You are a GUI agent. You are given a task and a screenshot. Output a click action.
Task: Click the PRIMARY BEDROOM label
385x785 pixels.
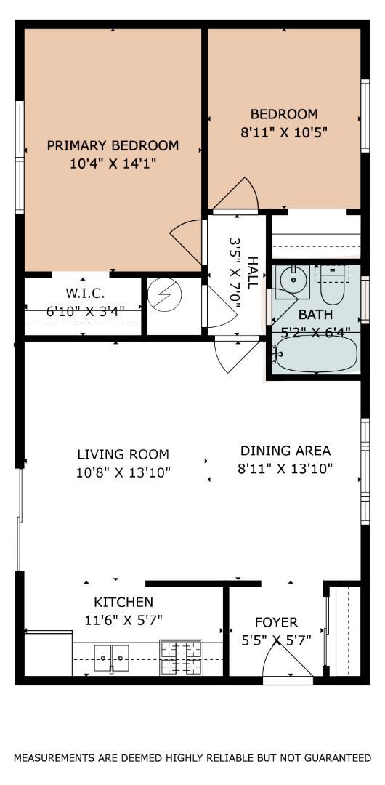(x=113, y=145)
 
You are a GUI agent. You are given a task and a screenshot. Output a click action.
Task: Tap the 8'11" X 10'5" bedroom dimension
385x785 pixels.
(x=284, y=133)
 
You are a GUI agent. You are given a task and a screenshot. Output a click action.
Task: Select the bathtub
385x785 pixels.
(x=315, y=353)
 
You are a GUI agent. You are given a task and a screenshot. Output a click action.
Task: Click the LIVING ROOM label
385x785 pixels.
(x=123, y=454)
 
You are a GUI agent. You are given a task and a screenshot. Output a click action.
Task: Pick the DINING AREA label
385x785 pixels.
(x=285, y=451)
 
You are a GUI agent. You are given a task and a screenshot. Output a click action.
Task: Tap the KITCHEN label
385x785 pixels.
(x=123, y=602)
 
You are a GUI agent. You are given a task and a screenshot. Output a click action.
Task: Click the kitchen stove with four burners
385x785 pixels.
(x=181, y=657)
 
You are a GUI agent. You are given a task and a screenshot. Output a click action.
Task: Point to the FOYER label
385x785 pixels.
(x=276, y=622)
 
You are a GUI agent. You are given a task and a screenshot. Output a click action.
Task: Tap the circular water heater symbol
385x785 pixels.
(x=165, y=297)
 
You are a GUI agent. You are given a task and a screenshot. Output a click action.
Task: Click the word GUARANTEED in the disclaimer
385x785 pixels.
(x=331, y=757)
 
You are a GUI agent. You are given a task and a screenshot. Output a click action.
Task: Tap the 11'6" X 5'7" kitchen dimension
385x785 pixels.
(x=123, y=620)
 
